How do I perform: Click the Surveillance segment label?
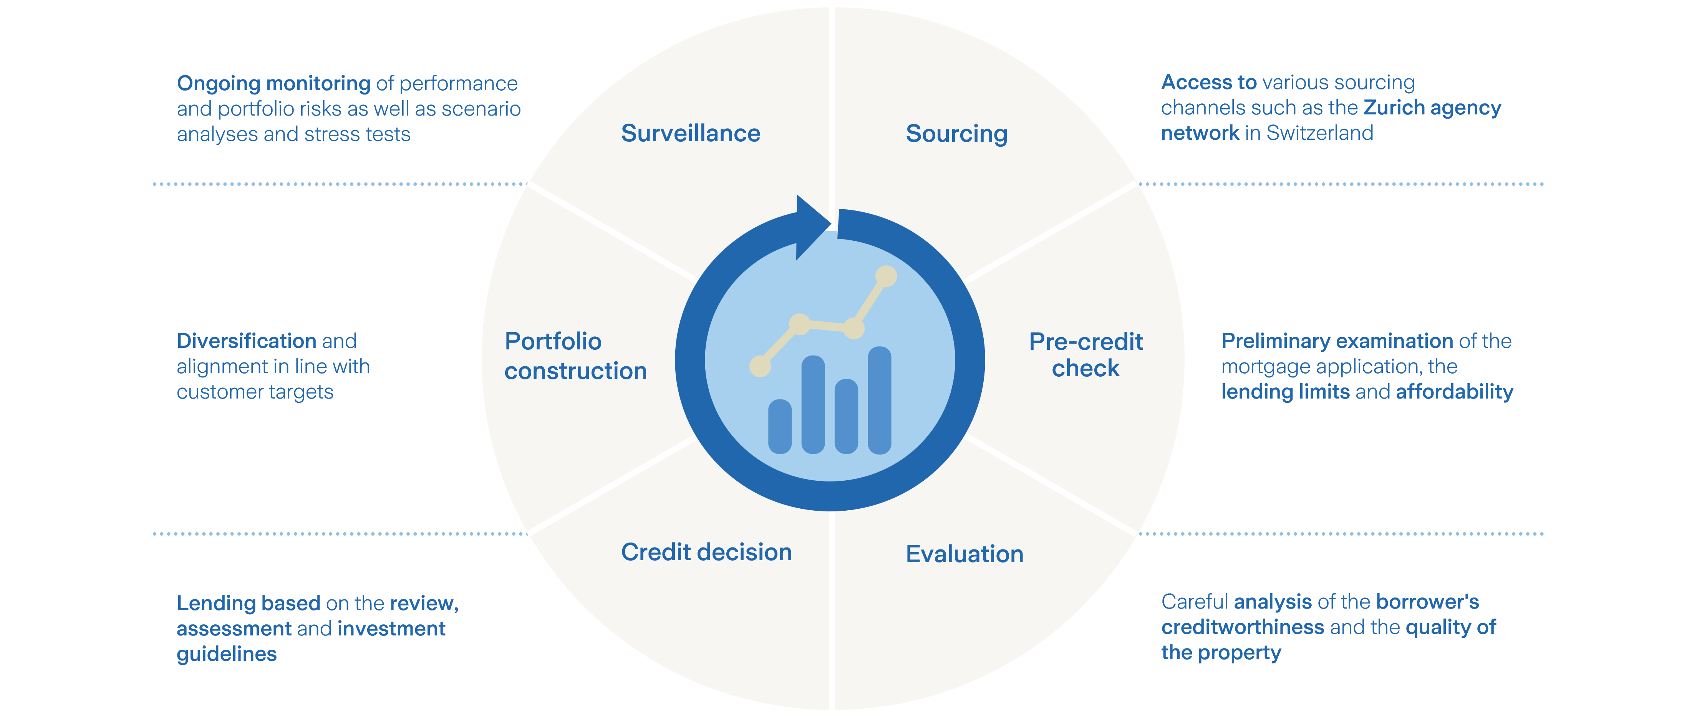[690, 133]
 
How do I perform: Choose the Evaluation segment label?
[964, 554]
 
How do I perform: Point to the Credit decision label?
[706, 552]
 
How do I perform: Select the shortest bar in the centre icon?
[780, 427]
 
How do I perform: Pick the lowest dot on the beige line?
[760, 366]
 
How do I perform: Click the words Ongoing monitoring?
[273, 83]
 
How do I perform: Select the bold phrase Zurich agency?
[1432, 108]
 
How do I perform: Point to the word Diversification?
[246, 341]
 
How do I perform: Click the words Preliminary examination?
[1337, 341]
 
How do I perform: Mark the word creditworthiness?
[1242, 627]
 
